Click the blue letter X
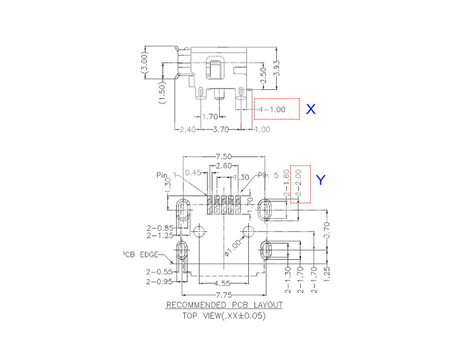pos(310,109)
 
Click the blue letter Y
pos(321,181)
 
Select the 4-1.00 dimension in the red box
pos(270,110)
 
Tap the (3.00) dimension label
pos(145,65)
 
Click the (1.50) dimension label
pos(163,93)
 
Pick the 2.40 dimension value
pos(187,130)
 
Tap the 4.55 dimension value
pos(223,283)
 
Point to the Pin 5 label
pos(267,176)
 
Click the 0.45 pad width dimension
pos(193,172)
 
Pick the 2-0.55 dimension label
pos(158,272)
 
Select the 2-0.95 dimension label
pos(158,281)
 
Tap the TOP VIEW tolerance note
pos(224,316)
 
